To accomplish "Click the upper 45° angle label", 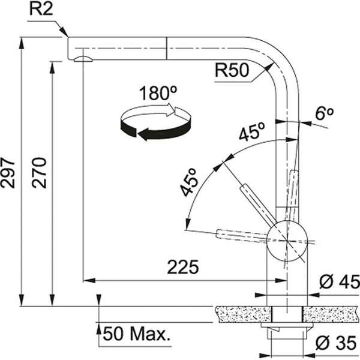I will (252, 132).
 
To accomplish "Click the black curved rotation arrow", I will (153, 130).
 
